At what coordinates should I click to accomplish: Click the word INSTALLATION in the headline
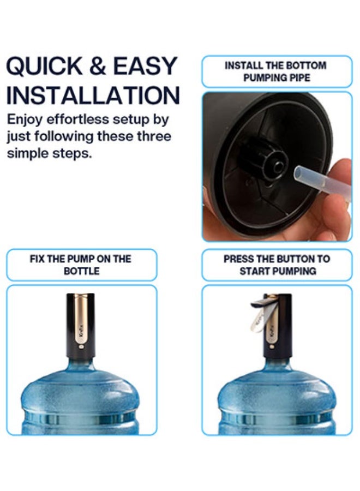[x=93, y=95]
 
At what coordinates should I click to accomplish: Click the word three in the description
[x=155, y=136]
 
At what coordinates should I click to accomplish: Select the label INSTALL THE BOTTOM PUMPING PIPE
[x=277, y=71]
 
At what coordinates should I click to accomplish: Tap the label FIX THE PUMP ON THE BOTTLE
[x=81, y=265]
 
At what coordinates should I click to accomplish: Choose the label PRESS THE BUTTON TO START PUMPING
[x=277, y=265]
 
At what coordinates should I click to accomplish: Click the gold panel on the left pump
[x=83, y=322]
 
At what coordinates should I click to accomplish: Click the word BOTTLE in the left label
[x=81, y=271]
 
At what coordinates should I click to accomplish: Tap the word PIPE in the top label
[x=299, y=78]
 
